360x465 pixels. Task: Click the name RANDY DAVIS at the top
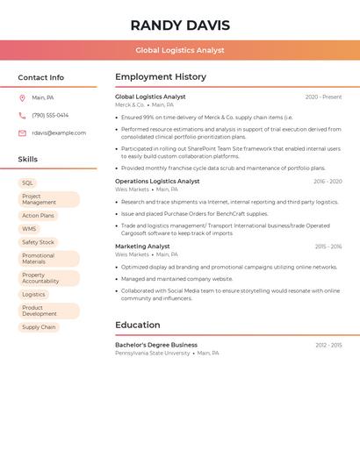pos(180,25)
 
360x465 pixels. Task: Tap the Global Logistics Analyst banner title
pos(180,50)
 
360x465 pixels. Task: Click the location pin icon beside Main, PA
pos(22,97)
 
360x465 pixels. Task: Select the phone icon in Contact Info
pos(22,115)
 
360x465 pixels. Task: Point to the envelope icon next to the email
pos(22,133)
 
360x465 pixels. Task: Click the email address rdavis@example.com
pos(59,133)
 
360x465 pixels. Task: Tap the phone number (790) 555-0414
pos(50,115)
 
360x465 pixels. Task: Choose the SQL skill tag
pos(27,183)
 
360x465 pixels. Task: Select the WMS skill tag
pos(29,229)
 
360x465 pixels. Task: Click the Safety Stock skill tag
pos(38,242)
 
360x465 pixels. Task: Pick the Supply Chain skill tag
pos(39,327)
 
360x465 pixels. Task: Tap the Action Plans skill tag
pos(38,215)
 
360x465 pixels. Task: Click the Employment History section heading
pos(161,77)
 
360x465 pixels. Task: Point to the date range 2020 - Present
pos(323,97)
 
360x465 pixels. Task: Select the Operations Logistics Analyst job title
pos(157,182)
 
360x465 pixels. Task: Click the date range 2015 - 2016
pos(328,247)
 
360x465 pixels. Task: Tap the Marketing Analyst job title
pos(142,247)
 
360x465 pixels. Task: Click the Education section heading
pos(138,325)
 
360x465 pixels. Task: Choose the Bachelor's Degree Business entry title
pos(156,345)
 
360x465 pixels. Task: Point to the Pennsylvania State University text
pos(152,353)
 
